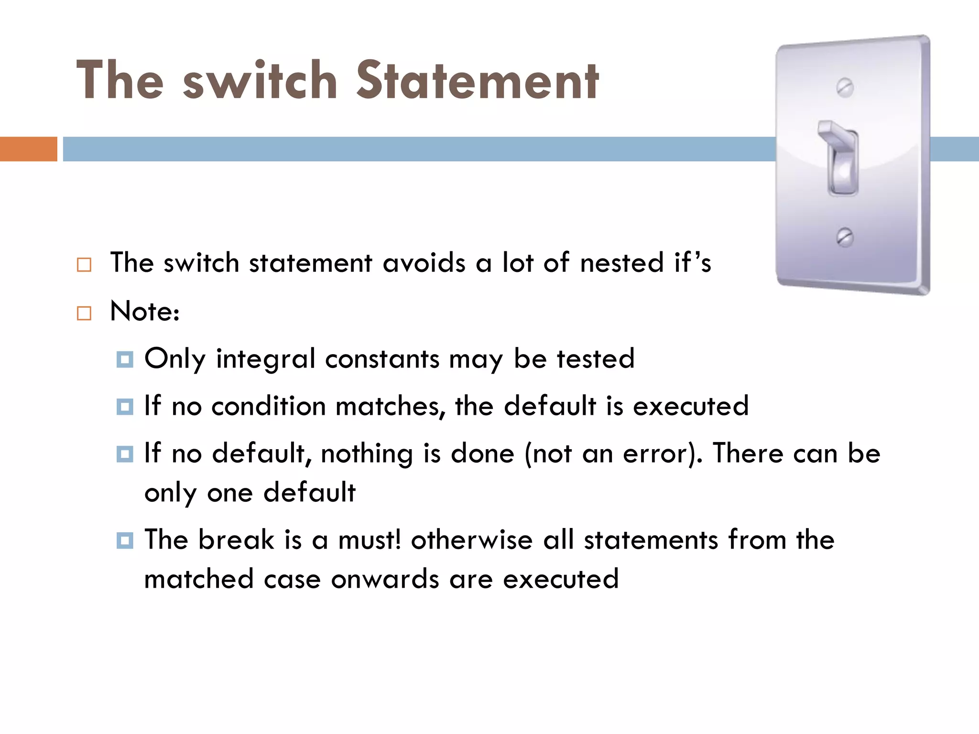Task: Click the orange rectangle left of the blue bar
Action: [28, 149]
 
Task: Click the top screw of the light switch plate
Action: [845, 87]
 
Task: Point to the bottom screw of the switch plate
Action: [845, 237]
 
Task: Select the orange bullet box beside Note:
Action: [84, 313]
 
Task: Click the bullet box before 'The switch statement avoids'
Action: [84, 264]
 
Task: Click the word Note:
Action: [145, 312]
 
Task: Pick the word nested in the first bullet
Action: [622, 263]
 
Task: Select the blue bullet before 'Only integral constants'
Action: [125, 359]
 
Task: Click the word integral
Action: [265, 359]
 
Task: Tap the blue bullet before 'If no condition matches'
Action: [125, 407]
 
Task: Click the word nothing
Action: [367, 454]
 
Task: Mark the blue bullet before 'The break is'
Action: [125, 540]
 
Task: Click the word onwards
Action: [385, 580]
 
